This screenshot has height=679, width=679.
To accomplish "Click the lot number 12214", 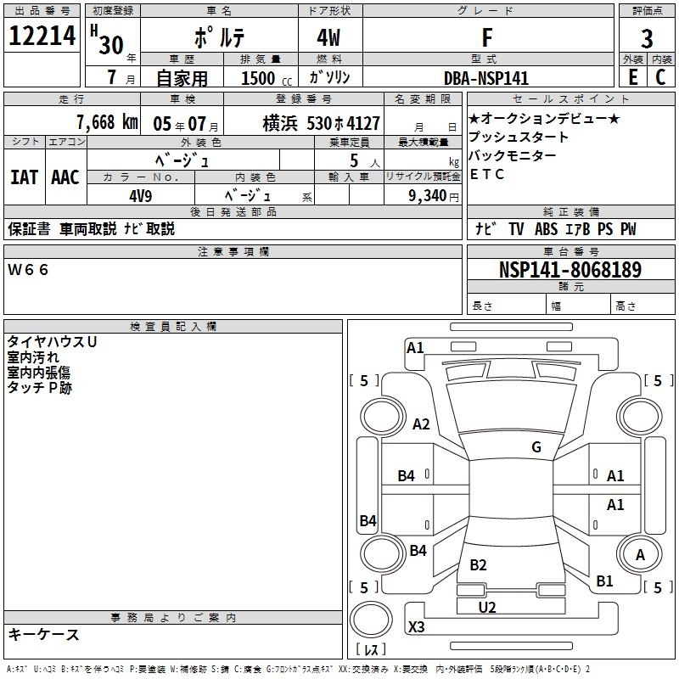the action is point(42,36).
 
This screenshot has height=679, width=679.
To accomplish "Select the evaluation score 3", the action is point(647,38).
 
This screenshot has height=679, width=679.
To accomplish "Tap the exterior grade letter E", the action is point(632,77).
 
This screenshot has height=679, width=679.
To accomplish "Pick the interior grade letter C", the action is point(660,77).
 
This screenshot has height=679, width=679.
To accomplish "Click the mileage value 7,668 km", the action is point(107,122).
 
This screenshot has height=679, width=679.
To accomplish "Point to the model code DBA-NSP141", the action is point(486,78).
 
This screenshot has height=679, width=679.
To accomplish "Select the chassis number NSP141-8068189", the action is point(570,269).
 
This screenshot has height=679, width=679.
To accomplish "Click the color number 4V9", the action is point(141,196).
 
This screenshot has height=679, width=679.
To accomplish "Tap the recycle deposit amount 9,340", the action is point(428,196).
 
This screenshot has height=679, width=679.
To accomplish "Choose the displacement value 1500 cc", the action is point(267,78).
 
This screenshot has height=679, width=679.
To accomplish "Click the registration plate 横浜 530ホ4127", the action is point(322,123).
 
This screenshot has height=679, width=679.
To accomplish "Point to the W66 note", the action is point(28,270).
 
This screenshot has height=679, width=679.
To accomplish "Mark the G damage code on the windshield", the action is point(536,446).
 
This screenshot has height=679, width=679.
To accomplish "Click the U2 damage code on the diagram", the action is point(486,607).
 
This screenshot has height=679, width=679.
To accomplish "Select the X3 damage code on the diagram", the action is point(416,626).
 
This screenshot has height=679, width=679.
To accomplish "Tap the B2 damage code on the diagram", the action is point(478,564).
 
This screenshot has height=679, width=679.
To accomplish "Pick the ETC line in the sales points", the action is point(486,174).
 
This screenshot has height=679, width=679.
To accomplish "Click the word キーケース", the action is point(44,634).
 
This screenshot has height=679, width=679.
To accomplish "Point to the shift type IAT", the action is point(24,177).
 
